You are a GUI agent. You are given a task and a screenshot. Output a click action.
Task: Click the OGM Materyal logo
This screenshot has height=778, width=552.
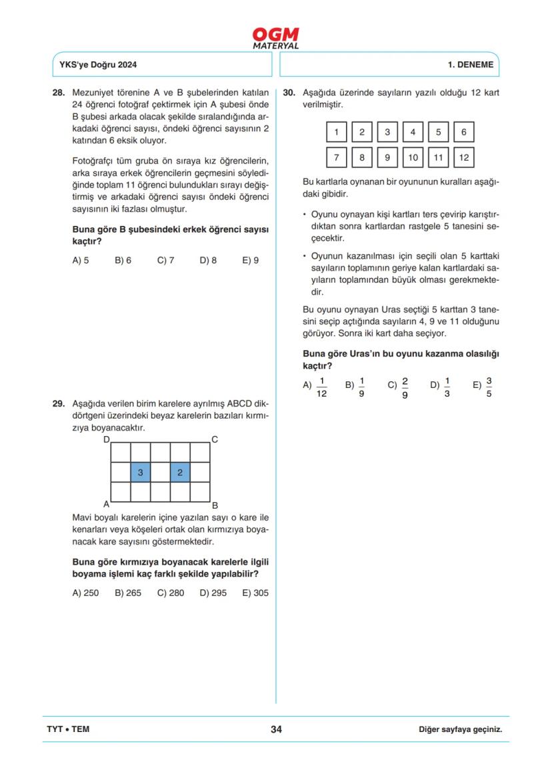pyautogui.click(x=275, y=37)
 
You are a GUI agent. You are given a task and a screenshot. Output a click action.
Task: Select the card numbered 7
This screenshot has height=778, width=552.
pyautogui.click(x=336, y=157)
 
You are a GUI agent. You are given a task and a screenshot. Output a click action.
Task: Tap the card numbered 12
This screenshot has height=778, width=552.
pyautogui.click(x=463, y=157)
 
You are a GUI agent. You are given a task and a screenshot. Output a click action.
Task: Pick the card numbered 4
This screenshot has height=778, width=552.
pyautogui.click(x=413, y=132)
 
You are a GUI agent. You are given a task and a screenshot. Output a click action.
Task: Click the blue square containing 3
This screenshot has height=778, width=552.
pyautogui.click(x=140, y=472)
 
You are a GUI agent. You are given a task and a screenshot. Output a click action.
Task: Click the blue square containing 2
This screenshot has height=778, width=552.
pyautogui.click(x=180, y=472)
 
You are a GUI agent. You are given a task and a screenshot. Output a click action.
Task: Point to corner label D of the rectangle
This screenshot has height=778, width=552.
pyautogui.click(x=106, y=439)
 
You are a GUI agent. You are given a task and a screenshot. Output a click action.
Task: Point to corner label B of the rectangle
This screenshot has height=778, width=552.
pyautogui.click(x=215, y=505)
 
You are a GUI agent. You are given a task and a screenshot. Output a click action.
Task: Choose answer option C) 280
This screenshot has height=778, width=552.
pyautogui.click(x=171, y=593)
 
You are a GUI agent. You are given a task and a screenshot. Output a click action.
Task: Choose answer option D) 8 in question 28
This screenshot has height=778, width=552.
pyautogui.click(x=208, y=261)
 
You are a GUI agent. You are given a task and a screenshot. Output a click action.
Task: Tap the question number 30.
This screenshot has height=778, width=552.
pyautogui.click(x=289, y=93)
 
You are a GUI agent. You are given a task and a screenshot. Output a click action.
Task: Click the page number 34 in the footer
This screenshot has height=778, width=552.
pyautogui.click(x=276, y=729)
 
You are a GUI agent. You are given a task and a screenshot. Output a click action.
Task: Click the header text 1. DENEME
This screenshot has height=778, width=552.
pyautogui.click(x=470, y=65)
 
